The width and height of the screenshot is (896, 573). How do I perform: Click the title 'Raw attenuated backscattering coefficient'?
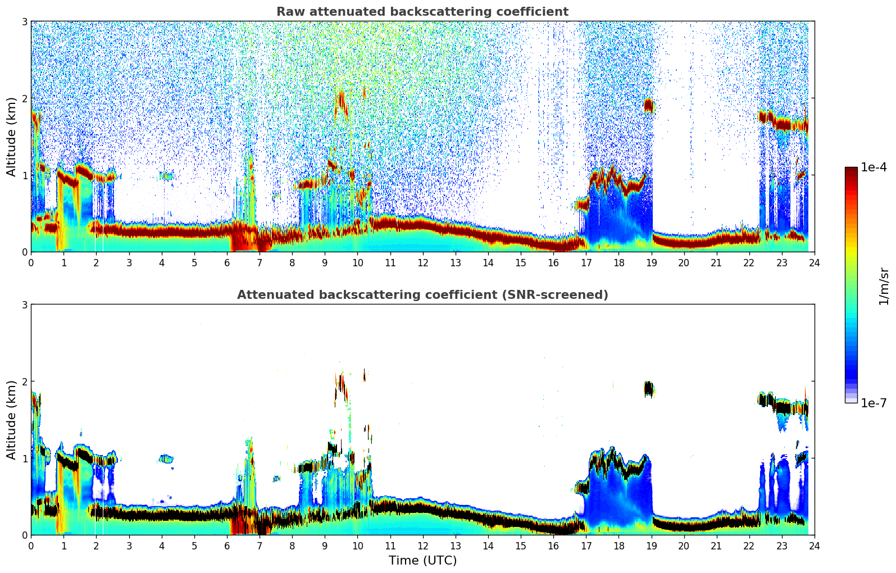[x=422, y=12]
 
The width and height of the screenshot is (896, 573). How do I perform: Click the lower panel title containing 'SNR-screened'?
[x=422, y=295]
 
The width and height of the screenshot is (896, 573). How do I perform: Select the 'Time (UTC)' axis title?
[x=422, y=560]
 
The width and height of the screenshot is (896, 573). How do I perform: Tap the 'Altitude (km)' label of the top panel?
[x=11, y=137]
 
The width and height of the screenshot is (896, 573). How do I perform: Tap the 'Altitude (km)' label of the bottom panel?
[x=11, y=420]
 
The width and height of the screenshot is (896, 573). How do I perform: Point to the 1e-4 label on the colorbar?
[x=874, y=167]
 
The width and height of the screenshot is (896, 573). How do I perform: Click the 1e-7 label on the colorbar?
[x=874, y=403]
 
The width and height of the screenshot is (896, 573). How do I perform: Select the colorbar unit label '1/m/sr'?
[x=884, y=286]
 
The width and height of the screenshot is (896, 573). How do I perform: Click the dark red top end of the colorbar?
[x=851, y=170]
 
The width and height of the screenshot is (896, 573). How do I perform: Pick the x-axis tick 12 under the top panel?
[x=422, y=262]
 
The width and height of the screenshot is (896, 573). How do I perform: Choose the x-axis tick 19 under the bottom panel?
[x=651, y=545]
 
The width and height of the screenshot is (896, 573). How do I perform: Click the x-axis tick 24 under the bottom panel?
[x=814, y=545]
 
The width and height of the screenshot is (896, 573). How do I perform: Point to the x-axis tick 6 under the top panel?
[x=227, y=262]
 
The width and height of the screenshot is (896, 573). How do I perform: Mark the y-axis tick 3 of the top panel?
[x=24, y=21]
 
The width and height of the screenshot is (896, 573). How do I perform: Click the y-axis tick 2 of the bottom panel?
[x=24, y=381]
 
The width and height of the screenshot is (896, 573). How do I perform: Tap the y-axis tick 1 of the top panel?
[x=24, y=175]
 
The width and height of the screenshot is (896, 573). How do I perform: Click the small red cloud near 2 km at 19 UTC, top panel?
[x=649, y=106]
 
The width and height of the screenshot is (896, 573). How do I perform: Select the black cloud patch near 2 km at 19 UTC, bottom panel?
[x=649, y=389]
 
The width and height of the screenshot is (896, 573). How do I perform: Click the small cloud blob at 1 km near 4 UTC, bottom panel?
[x=166, y=458]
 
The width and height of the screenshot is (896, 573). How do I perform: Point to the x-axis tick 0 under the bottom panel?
[x=31, y=545]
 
